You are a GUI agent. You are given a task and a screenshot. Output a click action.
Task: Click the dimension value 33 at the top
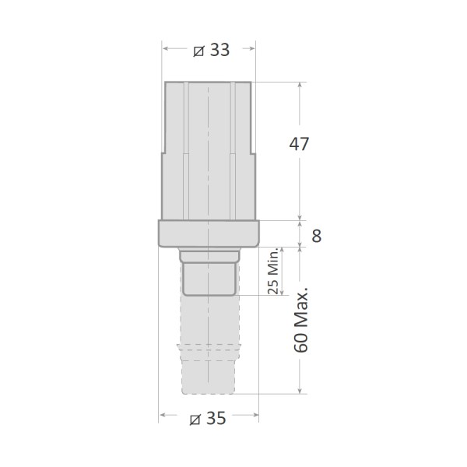[219, 49]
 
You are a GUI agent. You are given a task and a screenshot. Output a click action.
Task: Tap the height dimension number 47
[300, 144]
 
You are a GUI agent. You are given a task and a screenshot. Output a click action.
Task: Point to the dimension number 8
[317, 236]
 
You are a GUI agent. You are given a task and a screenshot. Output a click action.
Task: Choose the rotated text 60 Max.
[303, 320]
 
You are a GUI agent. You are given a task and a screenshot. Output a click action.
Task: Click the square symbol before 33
[198, 50]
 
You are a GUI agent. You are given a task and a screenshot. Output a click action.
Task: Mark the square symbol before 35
[196, 419]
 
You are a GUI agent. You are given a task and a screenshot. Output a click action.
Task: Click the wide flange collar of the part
[209, 233]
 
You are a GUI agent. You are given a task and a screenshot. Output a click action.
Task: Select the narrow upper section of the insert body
[209, 117]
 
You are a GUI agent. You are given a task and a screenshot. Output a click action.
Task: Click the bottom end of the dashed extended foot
[209, 389]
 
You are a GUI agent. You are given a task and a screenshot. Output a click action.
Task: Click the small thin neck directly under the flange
[209, 255]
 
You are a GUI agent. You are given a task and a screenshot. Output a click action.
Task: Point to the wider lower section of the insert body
[209, 187]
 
